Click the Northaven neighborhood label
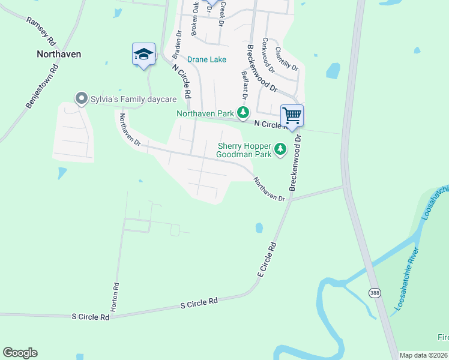[59, 53]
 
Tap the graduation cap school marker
[143, 55]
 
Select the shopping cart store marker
[292, 115]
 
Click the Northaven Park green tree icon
[243, 112]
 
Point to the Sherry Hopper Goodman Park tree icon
[280, 149]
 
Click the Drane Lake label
[206, 59]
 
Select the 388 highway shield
[375, 293]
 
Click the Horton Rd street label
[116, 297]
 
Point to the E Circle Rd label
[267, 259]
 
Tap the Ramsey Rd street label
[41, 31]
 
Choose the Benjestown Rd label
[41, 86]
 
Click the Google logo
[20, 352]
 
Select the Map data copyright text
[424, 355]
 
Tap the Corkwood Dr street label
[268, 56]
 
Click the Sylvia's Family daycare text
[134, 98]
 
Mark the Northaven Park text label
[205, 113]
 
